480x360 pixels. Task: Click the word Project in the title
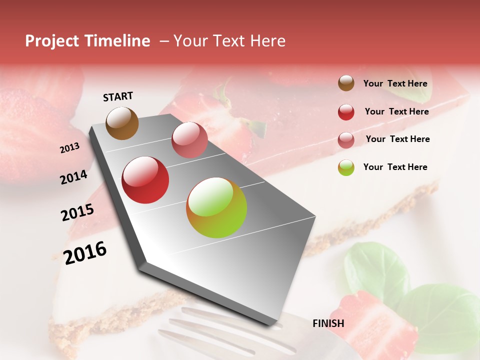click(52, 41)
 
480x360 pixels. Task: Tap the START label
click(118, 96)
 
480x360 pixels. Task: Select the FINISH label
click(328, 323)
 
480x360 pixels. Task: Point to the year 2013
click(69, 148)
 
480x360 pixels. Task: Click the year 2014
click(73, 177)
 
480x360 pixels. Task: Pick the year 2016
click(84, 252)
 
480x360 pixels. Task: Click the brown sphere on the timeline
click(122, 123)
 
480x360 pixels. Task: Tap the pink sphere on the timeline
click(189, 140)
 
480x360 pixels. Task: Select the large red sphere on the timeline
click(145, 180)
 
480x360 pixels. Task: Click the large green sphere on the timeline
click(216, 207)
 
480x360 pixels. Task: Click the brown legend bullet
click(346, 83)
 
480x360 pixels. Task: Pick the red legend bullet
click(346, 112)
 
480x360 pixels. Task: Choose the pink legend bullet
click(346, 140)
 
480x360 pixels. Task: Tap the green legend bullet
click(346, 167)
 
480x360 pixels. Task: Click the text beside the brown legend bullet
click(395, 83)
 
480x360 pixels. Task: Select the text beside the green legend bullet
click(395, 167)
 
